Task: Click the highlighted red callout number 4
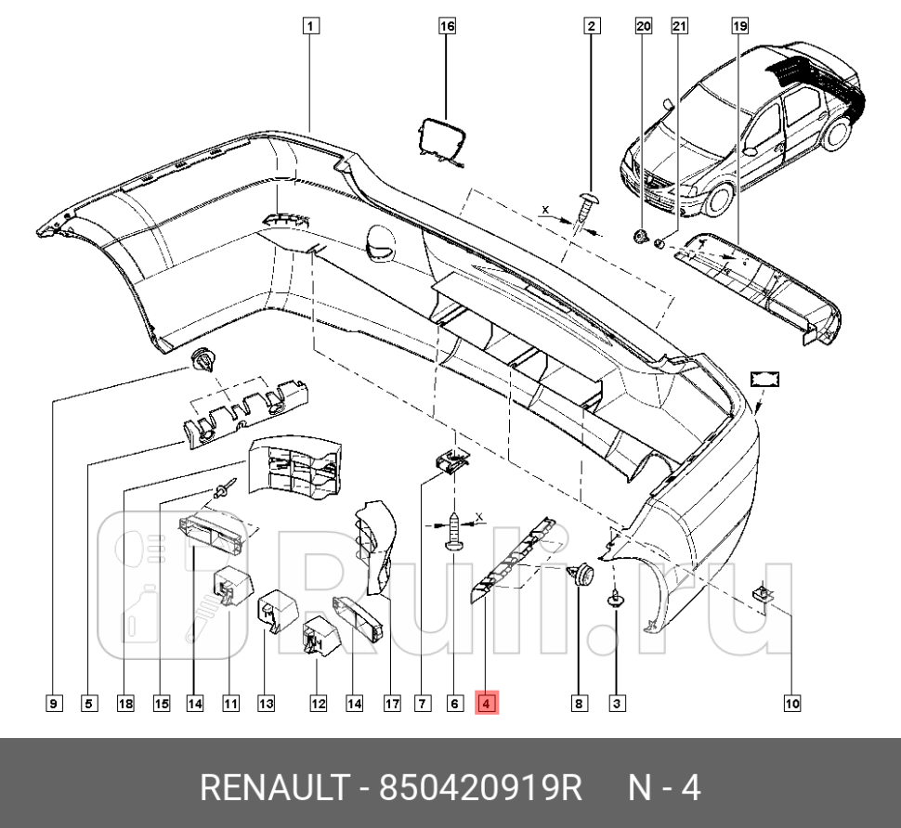488,704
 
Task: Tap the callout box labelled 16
447,26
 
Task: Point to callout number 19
739,26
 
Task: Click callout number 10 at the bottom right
791,704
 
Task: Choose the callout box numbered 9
53,704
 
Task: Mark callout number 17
392,704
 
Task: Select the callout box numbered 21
680,26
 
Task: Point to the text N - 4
664,788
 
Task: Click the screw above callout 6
454,532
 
